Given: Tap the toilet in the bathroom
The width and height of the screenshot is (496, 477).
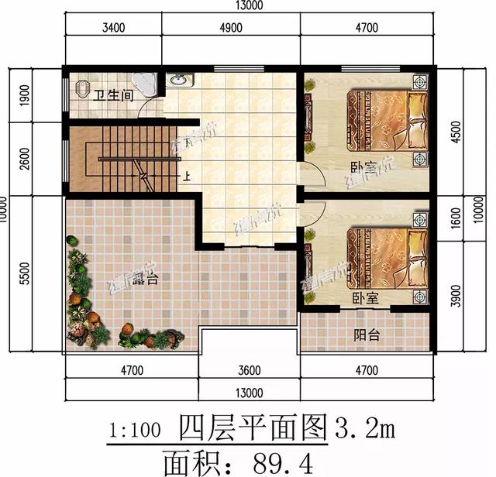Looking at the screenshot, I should [84, 89].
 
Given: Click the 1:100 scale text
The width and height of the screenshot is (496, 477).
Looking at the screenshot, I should [136, 426].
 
